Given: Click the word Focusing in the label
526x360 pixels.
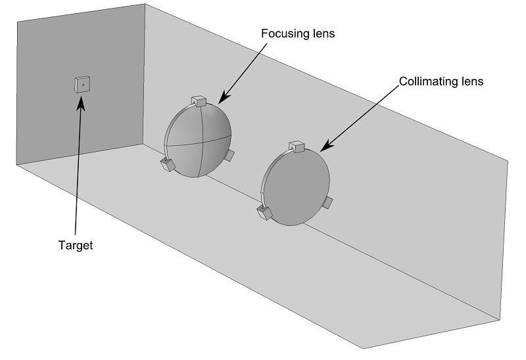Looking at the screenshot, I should click(282, 34).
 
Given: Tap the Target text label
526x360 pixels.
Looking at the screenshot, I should click(76, 246).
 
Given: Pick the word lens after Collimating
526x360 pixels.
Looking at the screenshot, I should click(471, 82).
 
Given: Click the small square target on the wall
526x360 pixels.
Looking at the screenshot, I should click(83, 84).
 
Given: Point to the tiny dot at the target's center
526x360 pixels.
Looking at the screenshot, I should click(84, 84).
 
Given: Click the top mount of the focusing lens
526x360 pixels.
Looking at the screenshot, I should click(199, 101).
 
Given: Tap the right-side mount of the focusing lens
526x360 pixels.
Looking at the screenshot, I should click(229, 156).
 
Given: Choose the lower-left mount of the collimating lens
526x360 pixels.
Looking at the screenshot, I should click(265, 212).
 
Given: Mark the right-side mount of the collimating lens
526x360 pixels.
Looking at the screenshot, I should click(328, 202).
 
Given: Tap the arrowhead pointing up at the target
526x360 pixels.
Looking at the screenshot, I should click(81, 102).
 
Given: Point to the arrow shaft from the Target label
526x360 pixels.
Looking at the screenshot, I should click(78, 171).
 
